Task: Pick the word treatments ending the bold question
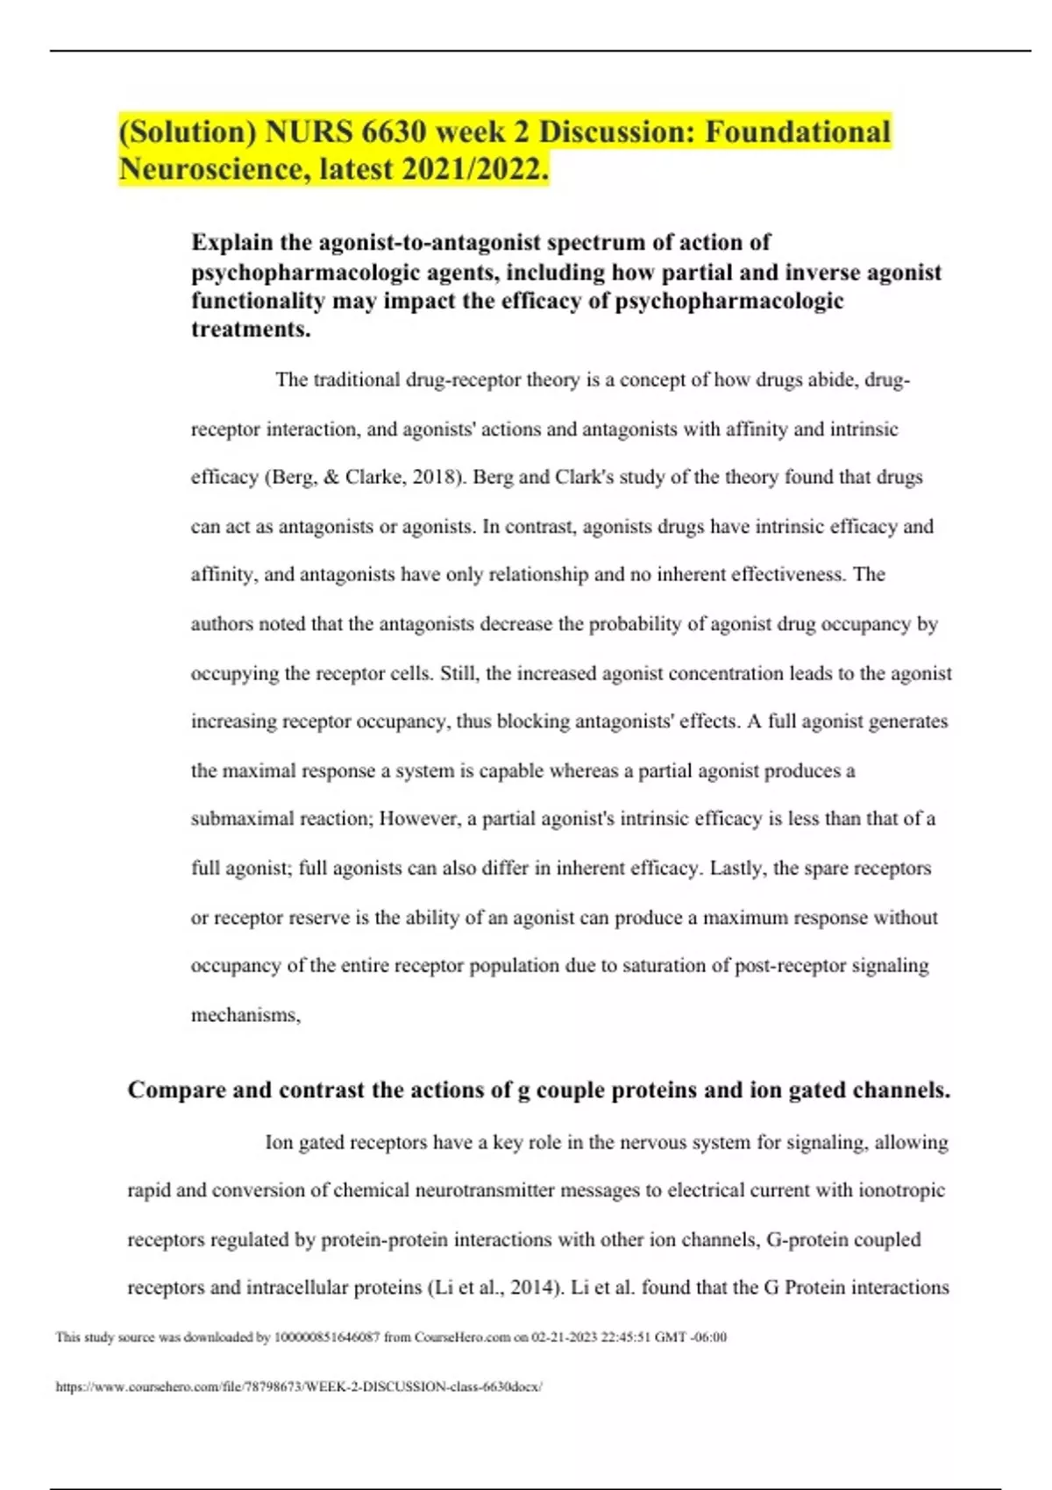[250, 330]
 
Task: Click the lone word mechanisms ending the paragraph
[245, 1015]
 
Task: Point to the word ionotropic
[902, 1190]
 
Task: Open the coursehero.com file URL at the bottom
[299, 1387]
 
